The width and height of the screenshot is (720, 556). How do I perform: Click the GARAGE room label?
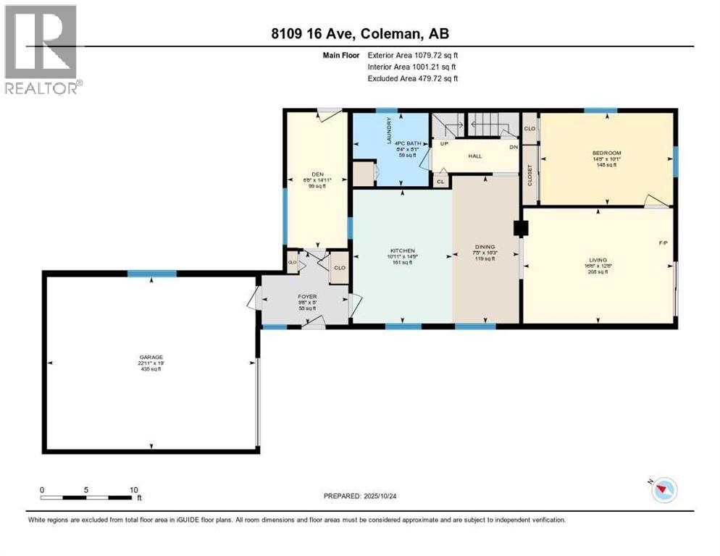pos(151,356)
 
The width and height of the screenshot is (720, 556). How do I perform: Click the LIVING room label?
pos(598,259)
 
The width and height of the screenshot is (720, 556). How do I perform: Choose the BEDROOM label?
pos(606,153)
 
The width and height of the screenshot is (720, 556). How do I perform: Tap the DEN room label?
pos(317,174)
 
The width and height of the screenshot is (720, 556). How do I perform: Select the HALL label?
pos(474,155)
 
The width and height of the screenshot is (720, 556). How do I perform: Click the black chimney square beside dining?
pos(519,228)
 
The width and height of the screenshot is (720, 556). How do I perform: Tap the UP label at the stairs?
pos(444,143)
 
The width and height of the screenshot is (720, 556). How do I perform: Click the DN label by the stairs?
pos(513,147)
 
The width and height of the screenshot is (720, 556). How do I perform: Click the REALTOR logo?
pos(41,49)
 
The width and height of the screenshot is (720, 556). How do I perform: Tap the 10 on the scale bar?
pos(133,489)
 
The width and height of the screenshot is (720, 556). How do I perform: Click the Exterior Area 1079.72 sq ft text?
pos(412,54)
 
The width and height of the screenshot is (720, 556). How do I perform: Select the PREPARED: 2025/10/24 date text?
pos(361,496)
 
